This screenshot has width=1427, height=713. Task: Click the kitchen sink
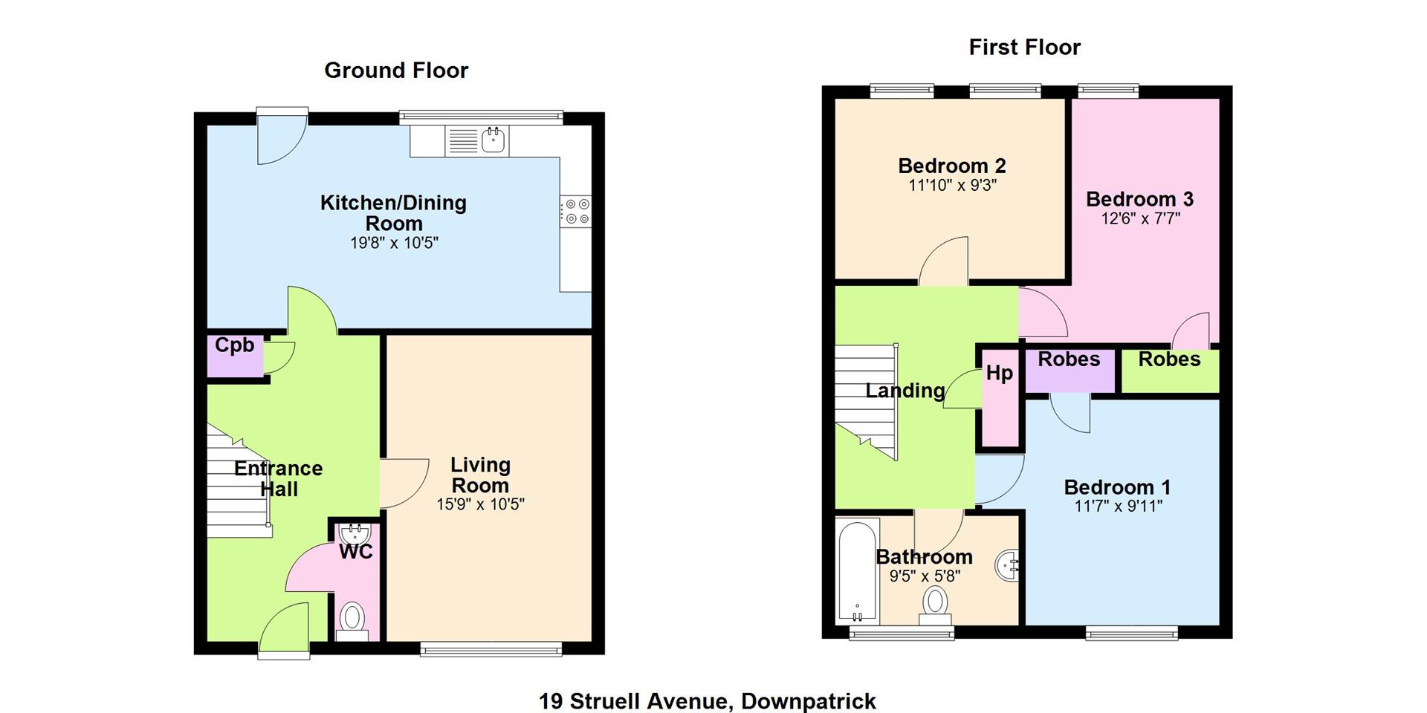[x=494, y=140]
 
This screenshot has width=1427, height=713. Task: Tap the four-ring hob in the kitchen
[x=576, y=211]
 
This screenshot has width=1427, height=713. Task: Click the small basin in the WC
[x=355, y=533]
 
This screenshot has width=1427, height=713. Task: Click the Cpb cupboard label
[x=235, y=345]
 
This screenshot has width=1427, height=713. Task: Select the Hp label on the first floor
[x=1000, y=373]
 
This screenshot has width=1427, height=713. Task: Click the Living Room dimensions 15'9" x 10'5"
[x=480, y=504]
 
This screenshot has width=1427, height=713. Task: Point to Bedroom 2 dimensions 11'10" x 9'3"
[x=952, y=185]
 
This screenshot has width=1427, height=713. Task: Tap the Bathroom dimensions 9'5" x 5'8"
[x=925, y=576]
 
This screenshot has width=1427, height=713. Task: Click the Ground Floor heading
[x=396, y=71]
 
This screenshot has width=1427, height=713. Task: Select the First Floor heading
[x=1024, y=48]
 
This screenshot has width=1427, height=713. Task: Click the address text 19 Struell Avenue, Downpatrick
[x=708, y=701]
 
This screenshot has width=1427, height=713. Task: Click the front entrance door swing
[x=285, y=630]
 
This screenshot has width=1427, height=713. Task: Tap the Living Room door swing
[x=404, y=484]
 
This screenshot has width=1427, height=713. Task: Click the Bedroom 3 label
[x=1139, y=199]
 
